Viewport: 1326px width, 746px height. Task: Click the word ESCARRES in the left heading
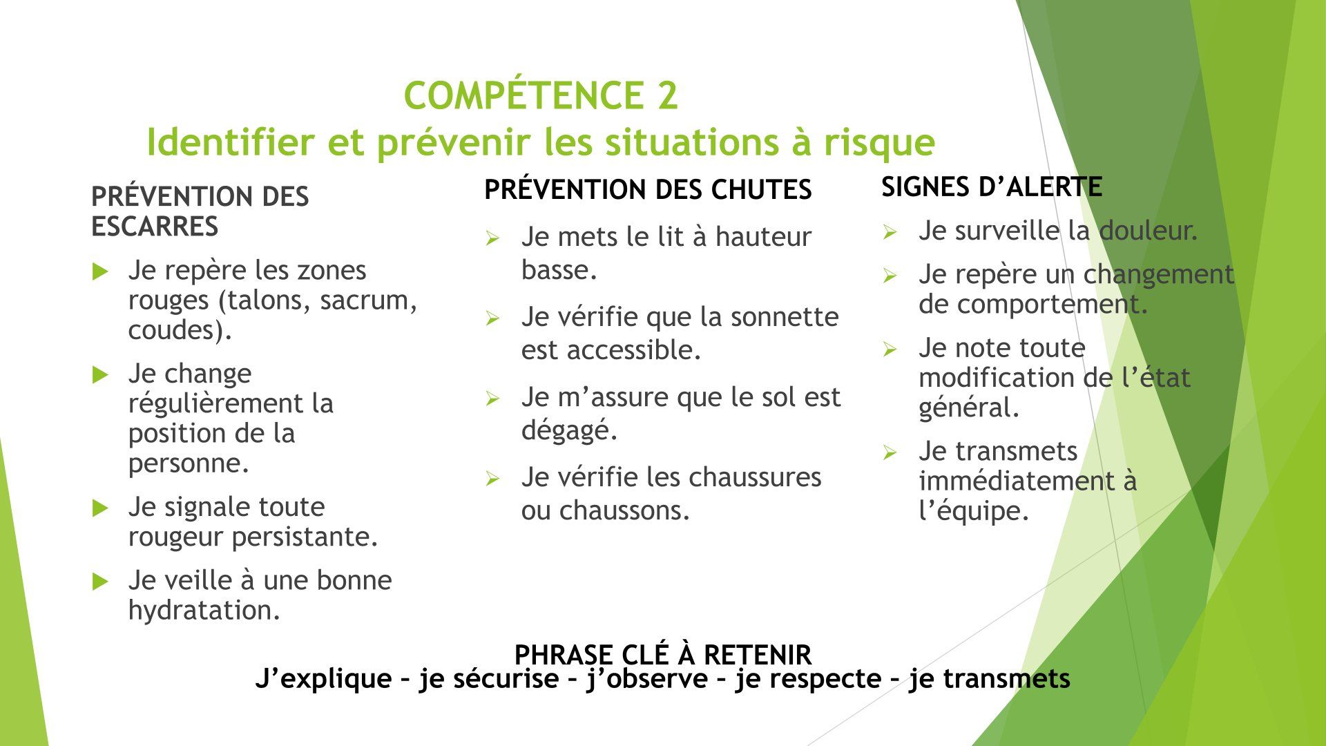pyautogui.click(x=155, y=227)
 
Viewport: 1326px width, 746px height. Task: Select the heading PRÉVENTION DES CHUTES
pyautogui.click(x=648, y=190)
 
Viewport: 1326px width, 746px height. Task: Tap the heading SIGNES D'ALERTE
pyautogui.click(x=992, y=186)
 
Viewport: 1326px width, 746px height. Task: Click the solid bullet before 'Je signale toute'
pyautogui.click(x=100, y=508)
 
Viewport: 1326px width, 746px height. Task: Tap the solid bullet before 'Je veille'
pyautogui.click(x=100, y=582)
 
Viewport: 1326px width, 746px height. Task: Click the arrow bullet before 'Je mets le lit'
pyautogui.click(x=492, y=239)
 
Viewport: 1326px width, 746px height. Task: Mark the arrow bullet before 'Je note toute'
pyautogui.click(x=890, y=350)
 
